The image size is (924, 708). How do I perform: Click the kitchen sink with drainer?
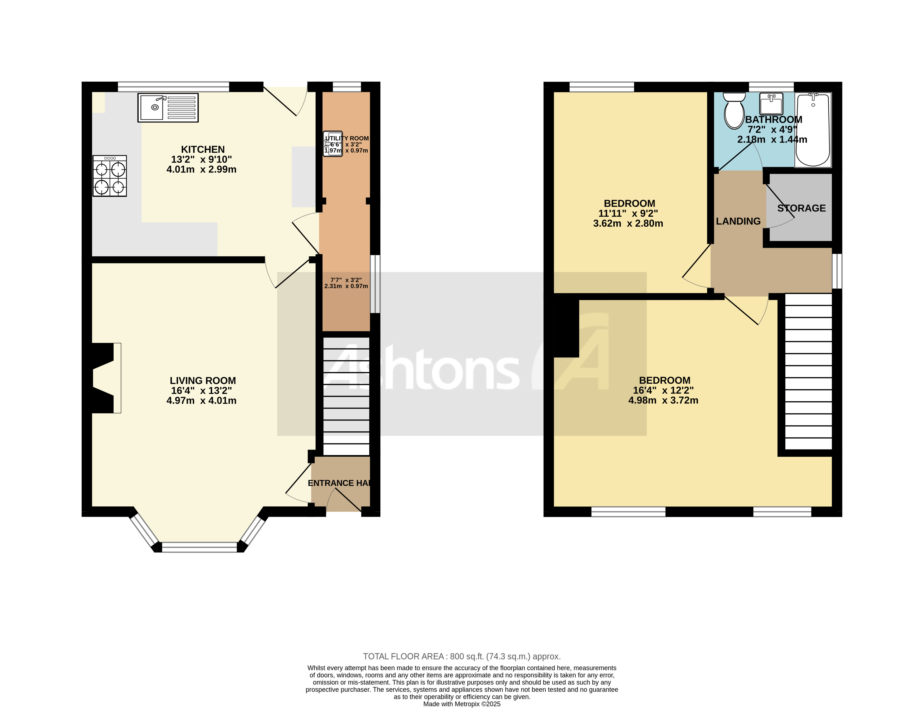pos(168,108)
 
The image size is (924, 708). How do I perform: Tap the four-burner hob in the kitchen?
pos(110,176)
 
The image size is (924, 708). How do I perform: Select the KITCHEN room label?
pos(203,149)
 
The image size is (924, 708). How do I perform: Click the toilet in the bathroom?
pos(734,110)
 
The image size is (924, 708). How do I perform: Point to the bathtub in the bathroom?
pos(813,130)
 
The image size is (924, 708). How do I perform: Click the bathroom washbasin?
pos(771,104)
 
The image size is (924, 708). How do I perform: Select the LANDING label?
pos(738,221)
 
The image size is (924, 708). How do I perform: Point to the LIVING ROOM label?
pos(203,380)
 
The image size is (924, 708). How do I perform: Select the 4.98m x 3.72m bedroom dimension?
pos(663,400)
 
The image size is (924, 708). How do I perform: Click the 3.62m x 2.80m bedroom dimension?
pos(628,223)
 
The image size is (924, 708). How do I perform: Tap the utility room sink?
pos(333,144)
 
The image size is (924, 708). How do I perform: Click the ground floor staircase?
pos(346,396)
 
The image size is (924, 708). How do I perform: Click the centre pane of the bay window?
pos(199,547)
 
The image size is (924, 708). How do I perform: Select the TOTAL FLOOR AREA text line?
pos(462,656)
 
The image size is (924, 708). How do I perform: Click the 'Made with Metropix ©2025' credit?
pos(462,704)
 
